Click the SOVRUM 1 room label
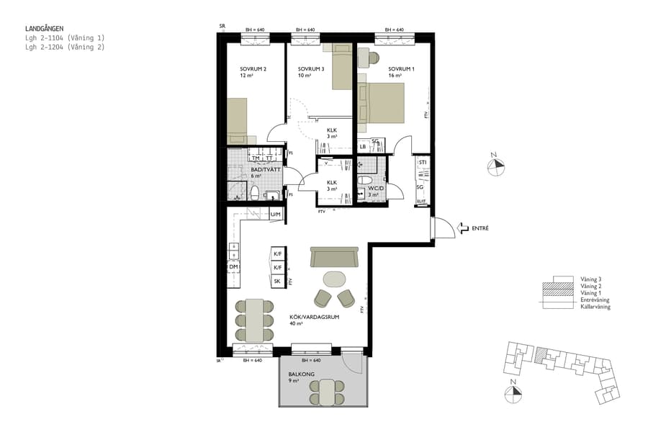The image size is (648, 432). [401, 70]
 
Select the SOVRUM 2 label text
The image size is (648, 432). [253, 70]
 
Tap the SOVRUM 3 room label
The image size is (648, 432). [312, 70]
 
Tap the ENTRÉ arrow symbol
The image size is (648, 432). [462, 228]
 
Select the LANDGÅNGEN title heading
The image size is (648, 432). [45, 29]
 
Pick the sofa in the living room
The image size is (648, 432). [334, 256]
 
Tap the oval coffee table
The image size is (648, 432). [334, 278]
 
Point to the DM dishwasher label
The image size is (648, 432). [233, 267]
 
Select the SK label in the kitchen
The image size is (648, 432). [277, 281]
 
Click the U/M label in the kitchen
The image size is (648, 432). [275, 215]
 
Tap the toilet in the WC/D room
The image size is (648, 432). [364, 181]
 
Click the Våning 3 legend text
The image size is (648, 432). [590, 279]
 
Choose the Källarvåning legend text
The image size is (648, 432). [595, 307]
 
